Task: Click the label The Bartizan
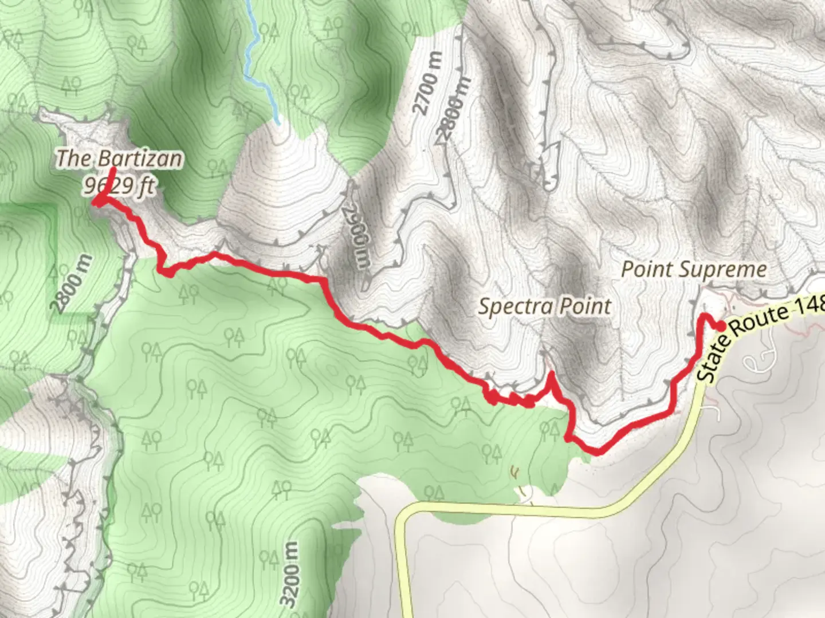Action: [x=119, y=159]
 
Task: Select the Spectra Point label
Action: [x=545, y=307]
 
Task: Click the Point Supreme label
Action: [x=694, y=270]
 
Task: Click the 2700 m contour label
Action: [x=429, y=84]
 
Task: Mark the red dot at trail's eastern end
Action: [x=720, y=326]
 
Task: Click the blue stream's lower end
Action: [x=278, y=121]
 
